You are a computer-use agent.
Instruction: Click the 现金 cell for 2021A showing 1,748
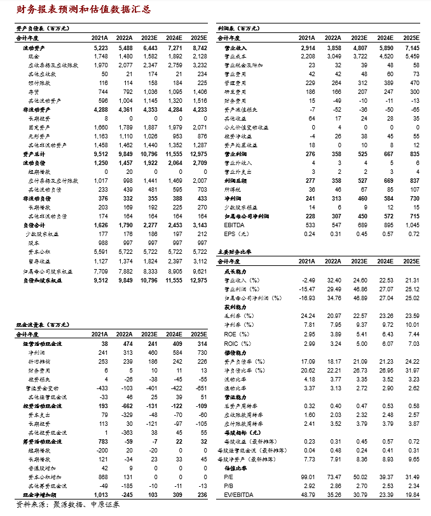(100, 56)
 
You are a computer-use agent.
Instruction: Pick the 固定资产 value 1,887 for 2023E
(149, 127)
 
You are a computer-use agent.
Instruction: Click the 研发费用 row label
(236, 92)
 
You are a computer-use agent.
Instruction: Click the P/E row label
(229, 475)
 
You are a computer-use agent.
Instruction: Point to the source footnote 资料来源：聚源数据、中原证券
(67, 505)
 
